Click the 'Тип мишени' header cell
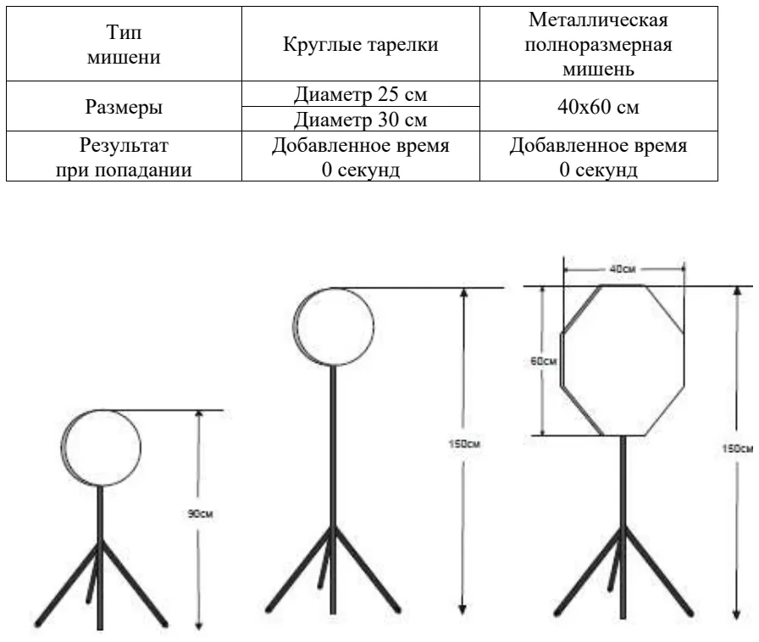tap(124, 44)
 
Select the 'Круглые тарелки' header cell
tap(361, 44)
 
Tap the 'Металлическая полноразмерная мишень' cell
tap(599, 44)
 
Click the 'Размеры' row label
tap(124, 106)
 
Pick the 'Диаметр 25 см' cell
tap(361, 94)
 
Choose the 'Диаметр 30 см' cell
tap(361, 120)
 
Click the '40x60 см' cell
tap(599, 106)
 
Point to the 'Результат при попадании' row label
tap(124, 157)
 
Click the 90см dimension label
tap(200, 514)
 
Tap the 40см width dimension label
tap(623, 269)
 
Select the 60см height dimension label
tap(544, 361)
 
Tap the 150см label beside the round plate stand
tap(464, 444)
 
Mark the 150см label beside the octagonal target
tap(738, 449)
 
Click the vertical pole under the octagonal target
tap(623, 528)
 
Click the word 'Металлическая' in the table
tap(598, 20)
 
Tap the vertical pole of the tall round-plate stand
tap(333, 489)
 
